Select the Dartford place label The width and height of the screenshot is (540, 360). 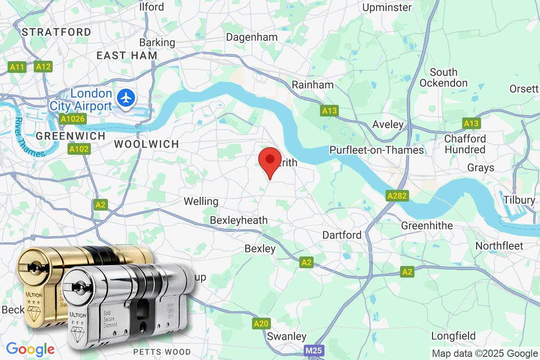pos(342,235)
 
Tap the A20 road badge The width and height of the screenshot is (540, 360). pos(261,323)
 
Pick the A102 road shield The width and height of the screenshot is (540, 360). pos(79,149)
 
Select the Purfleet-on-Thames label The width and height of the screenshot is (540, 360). pos(377,150)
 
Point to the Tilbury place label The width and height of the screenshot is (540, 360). pos(519,200)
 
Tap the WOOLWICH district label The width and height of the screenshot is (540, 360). pos(146,144)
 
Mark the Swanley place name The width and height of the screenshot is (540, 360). pos(287,336)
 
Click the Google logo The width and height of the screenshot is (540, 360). pos(30,349)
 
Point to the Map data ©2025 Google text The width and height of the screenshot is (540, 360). pos(485,354)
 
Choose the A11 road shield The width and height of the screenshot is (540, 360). pos(17,67)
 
